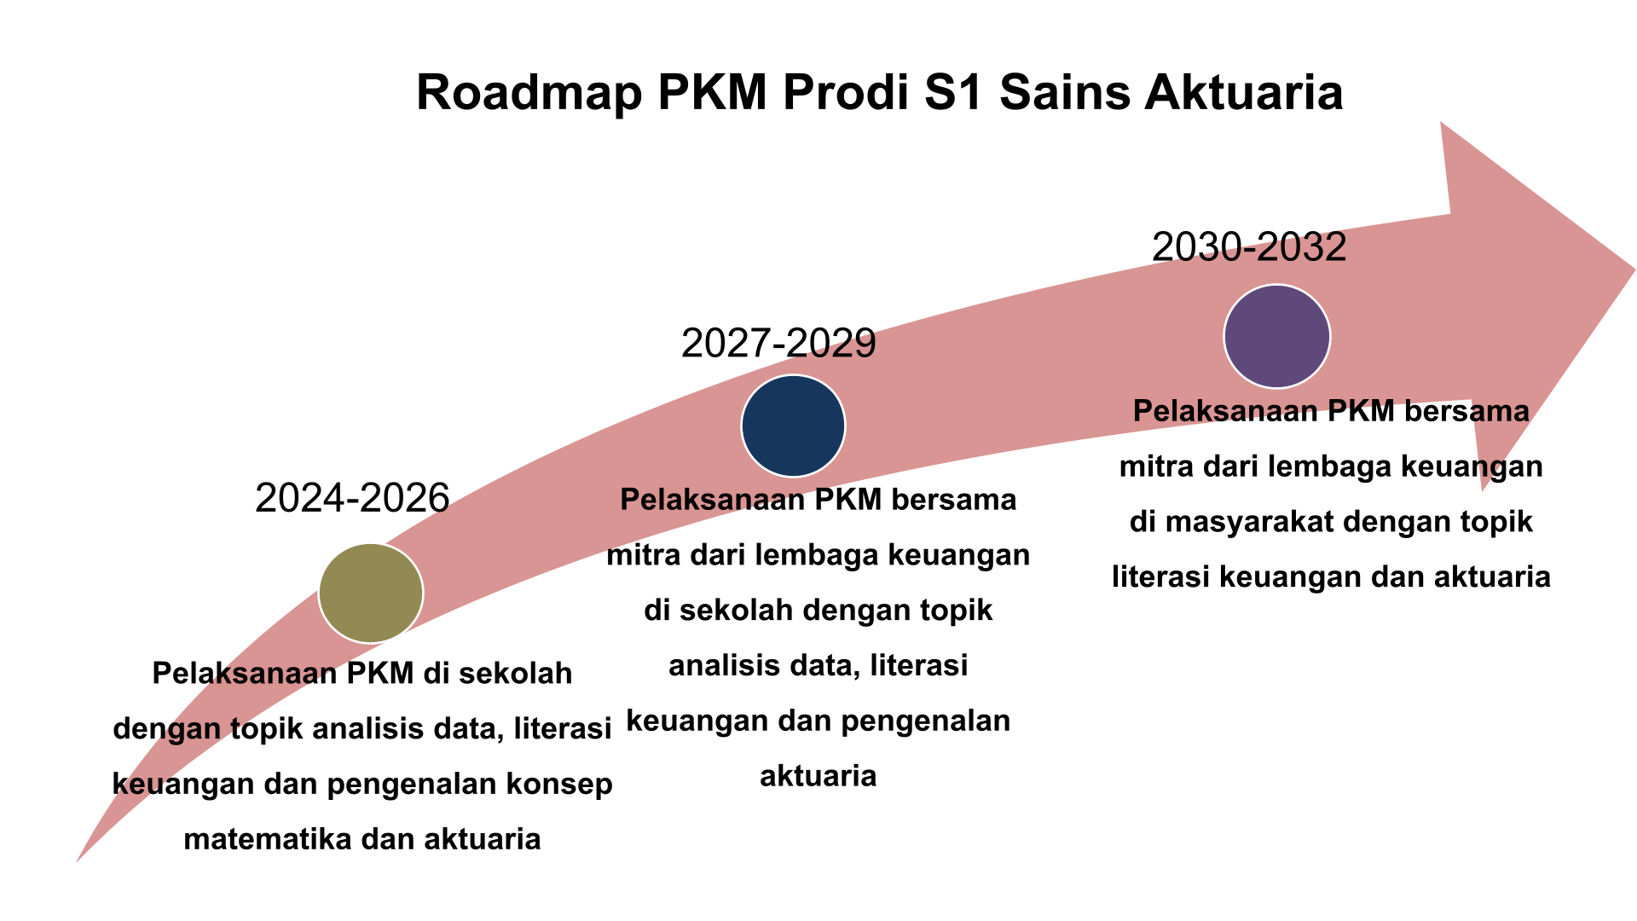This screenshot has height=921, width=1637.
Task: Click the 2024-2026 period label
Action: (352, 498)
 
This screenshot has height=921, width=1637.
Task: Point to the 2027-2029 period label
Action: (778, 344)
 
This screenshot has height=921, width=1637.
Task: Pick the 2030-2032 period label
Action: (1249, 247)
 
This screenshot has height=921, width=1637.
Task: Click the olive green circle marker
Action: (371, 593)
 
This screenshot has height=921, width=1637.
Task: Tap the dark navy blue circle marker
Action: (793, 426)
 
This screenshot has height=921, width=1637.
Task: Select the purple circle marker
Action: (1276, 336)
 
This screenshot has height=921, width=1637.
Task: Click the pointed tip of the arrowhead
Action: (1634, 270)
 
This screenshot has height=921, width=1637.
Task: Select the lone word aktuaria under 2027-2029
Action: (818, 776)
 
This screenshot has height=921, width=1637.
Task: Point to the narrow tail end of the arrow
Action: (78, 860)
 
